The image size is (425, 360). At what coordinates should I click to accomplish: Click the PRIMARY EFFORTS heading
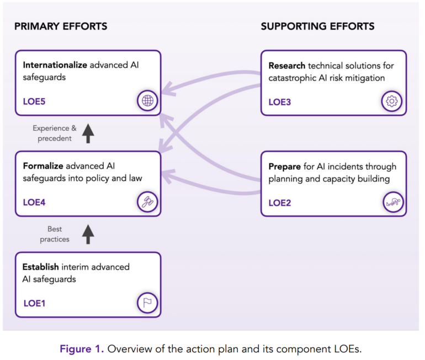[61, 26]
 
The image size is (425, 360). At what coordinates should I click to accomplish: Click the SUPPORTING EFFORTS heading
[317, 26]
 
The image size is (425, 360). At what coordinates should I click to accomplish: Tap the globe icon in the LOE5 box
[148, 101]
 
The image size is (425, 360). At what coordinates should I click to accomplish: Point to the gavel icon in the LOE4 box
[147, 202]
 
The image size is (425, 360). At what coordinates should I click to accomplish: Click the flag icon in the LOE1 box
[147, 303]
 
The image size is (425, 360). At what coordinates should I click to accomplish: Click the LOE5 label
[34, 101]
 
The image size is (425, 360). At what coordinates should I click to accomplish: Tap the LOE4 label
[34, 202]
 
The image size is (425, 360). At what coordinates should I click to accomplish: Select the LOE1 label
[34, 303]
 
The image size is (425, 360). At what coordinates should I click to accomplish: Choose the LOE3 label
[280, 101]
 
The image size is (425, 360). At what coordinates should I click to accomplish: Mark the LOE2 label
[280, 202]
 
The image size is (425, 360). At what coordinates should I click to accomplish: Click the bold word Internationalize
[55, 65]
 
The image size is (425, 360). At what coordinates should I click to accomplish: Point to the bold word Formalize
[43, 166]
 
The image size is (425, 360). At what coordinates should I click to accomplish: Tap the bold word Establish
[41, 267]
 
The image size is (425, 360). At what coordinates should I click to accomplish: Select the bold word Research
[287, 66]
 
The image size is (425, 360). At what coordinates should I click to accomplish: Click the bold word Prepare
[285, 166]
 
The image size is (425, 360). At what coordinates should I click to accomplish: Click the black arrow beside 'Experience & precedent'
[88, 133]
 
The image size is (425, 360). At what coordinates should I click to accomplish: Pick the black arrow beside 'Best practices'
[88, 234]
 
